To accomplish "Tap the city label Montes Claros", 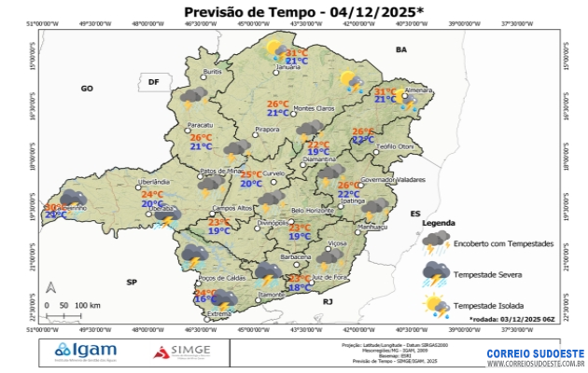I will [314, 109].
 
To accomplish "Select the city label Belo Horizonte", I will [312, 211].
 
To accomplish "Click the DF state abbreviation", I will [153, 82].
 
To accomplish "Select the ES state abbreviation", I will [415, 214].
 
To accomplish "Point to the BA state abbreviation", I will [402, 48].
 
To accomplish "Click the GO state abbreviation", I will [87, 88].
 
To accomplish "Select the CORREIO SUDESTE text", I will [535, 353].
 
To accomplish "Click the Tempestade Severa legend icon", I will [435, 273].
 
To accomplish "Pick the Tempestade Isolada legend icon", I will [435, 305].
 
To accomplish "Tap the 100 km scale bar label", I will [88, 306].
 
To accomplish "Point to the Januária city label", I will [288, 67].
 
